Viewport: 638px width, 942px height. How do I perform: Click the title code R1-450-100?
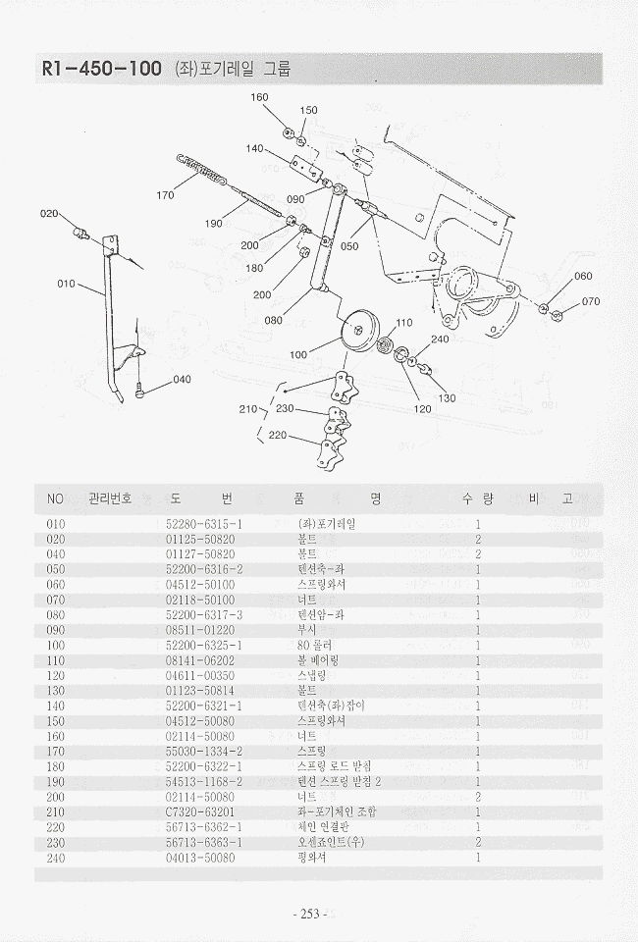(101, 70)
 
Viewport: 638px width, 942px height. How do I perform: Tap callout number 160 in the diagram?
(259, 97)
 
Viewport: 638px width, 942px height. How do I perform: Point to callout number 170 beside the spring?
(165, 195)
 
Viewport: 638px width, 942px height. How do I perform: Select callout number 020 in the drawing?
(49, 213)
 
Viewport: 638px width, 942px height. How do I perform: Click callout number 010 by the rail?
(66, 284)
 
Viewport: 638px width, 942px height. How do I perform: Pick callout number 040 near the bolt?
(183, 380)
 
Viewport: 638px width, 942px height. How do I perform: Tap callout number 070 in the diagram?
(590, 301)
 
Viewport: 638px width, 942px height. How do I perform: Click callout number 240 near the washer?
(440, 340)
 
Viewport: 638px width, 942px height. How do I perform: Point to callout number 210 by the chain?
(247, 408)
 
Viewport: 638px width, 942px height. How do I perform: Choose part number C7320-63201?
(200, 811)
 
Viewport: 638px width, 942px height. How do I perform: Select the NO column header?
(55, 498)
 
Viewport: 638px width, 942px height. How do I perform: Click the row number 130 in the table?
(56, 691)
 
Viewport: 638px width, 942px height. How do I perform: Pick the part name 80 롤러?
(315, 645)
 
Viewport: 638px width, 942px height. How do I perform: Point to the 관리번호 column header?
(111, 498)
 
